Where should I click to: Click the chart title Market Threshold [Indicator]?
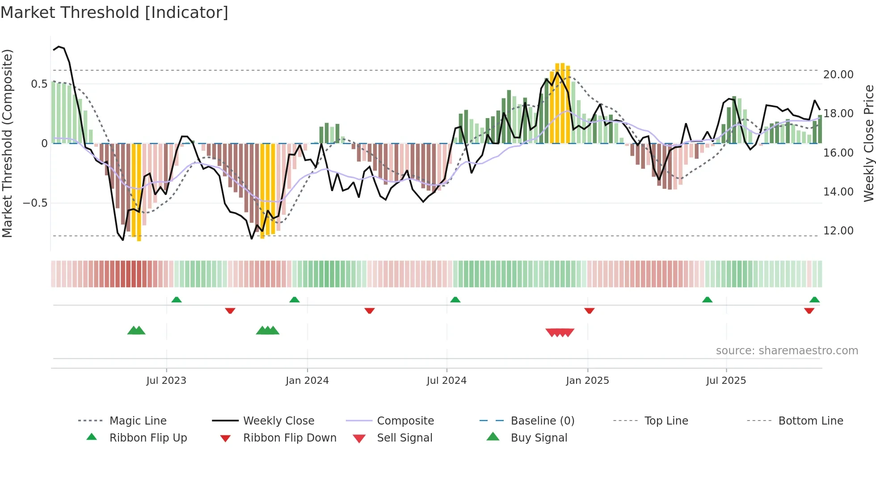point(114,13)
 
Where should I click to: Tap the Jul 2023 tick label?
point(166,381)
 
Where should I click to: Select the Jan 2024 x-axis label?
point(307,381)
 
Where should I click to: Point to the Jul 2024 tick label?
point(446,381)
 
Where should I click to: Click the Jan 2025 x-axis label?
point(587,381)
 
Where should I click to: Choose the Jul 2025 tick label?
point(726,381)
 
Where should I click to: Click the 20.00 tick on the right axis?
point(838,75)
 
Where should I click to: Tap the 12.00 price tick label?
point(838,231)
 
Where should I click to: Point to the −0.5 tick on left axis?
point(35,203)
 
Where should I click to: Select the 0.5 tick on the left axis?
point(39,84)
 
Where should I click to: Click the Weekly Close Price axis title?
point(868,143)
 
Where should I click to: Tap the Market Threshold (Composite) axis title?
point(7,143)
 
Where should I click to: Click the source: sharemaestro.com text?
point(787,351)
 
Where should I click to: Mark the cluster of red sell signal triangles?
point(560,332)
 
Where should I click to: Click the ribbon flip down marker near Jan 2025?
point(589,310)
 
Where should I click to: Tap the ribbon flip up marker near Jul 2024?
point(455,300)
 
